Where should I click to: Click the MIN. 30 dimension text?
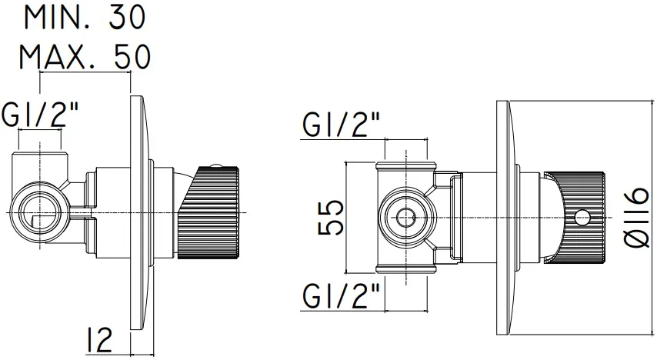coord(85,18)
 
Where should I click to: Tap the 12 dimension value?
coord(100,340)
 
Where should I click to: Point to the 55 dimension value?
coord(331,218)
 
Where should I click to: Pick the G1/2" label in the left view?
coord(40,114)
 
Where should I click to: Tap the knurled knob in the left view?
coord(208,212)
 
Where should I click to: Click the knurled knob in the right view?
coord(575,218)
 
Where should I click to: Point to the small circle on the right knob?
coord(581,218)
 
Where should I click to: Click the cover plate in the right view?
coord(505,218)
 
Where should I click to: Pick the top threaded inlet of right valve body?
coord(406,166)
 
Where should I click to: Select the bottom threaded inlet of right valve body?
coord(406,268)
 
